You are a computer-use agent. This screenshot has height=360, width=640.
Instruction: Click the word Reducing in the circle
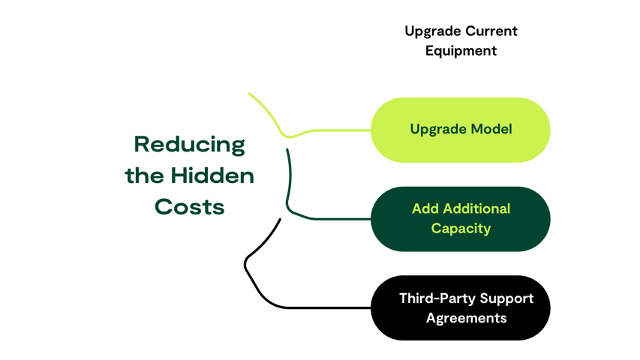coord(189,145)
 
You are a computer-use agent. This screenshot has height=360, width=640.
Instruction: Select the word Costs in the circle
coord(189,207)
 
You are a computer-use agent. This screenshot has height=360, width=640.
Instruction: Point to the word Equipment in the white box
coord(461,51)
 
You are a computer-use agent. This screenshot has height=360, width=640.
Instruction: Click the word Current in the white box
coord(491,31)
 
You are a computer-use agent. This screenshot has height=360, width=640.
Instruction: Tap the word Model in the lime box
coord(491,129)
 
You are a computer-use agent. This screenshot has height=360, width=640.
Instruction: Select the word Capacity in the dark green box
coord(461,228)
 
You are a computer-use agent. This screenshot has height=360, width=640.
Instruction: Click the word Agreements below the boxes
coord(466,318)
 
